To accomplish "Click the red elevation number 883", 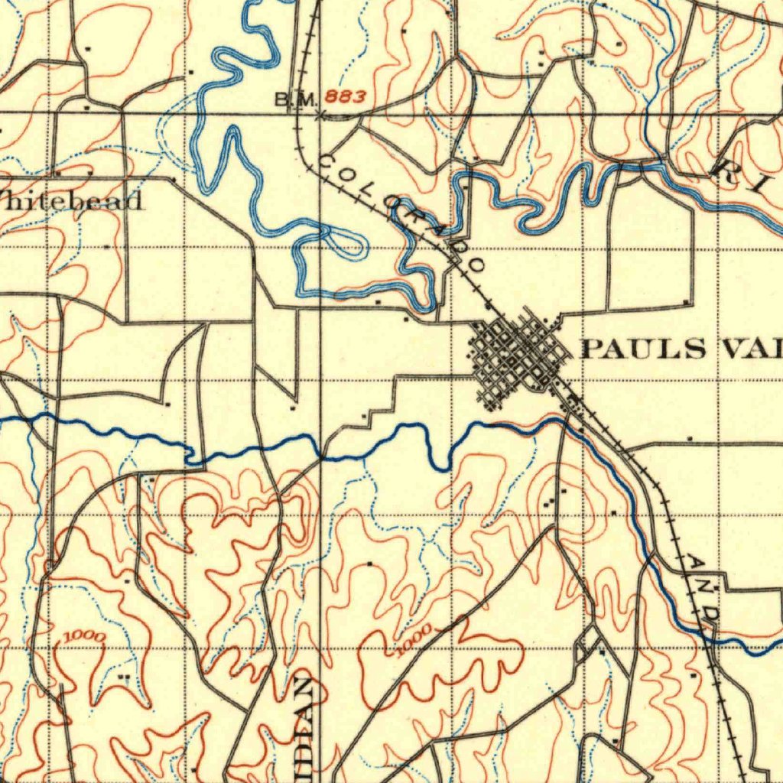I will point(344,97).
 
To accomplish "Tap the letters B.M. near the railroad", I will point(291,99).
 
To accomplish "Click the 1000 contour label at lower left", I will point(86,636).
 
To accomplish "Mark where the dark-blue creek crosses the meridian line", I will point(321,456).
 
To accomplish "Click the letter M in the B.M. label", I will point(299,99).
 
